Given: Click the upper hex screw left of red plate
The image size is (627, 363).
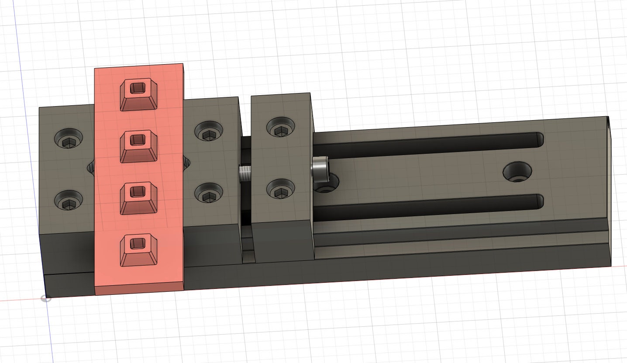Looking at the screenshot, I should [x=68, y=140].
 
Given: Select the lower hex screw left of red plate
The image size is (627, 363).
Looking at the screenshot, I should [x=68, y=201].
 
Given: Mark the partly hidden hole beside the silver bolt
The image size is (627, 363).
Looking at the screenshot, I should [x=330, y=183].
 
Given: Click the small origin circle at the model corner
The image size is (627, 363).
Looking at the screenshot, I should [x=45, y=298].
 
